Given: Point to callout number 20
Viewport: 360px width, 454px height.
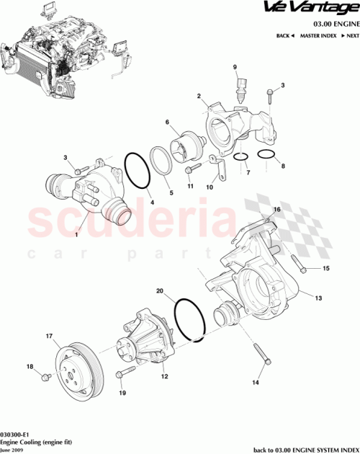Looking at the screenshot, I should click(x=160, y=292).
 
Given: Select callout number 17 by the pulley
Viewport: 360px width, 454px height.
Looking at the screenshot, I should click(x=50, y=336).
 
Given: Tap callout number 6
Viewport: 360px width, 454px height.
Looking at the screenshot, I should click(x=167, y=123).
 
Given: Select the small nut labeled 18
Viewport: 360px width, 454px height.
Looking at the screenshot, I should click(x=46, y=375).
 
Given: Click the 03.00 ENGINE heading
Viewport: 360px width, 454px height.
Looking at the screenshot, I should click(x=330, y=24).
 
